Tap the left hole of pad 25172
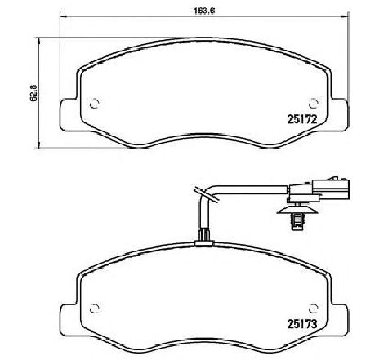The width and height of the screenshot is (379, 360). tap(95, 104)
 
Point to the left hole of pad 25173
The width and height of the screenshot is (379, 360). tap(95, 308)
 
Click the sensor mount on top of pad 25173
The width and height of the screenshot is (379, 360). tap(204, 238)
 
